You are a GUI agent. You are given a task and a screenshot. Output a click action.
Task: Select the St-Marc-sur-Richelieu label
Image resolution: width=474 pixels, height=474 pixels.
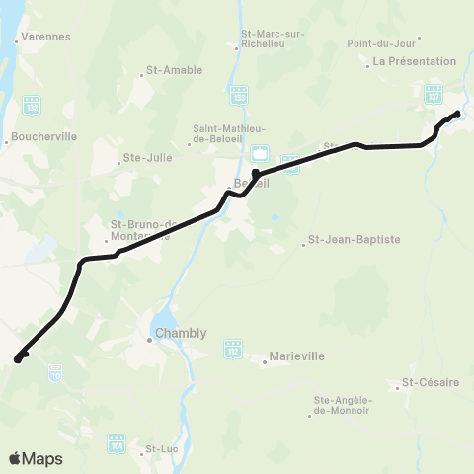(274, 39)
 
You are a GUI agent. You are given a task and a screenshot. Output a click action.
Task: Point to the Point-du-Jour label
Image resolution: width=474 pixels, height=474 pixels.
(384, 43)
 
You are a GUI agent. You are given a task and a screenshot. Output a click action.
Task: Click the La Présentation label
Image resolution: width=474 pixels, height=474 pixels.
(406, 62)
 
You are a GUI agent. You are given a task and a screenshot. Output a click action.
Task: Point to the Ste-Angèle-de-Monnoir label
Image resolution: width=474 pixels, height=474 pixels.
(342, 405)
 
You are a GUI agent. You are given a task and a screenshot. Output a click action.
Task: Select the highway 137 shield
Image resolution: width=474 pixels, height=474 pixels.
(433, 95)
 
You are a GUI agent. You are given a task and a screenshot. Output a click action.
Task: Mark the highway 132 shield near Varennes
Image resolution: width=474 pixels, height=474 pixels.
(32, 102)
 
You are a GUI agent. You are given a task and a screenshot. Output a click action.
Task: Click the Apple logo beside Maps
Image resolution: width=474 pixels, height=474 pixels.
(16, 459)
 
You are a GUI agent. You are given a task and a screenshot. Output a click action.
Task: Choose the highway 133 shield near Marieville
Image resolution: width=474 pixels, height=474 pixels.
(233, 351)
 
